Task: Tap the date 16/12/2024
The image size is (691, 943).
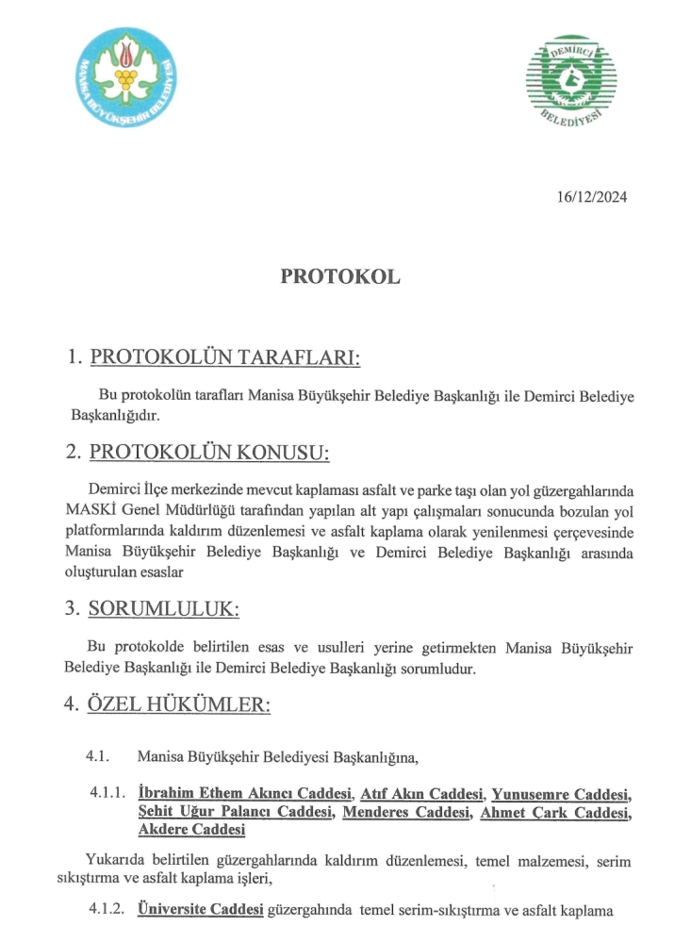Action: tap(592, 197)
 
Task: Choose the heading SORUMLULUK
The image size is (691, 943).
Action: tap(163, 609)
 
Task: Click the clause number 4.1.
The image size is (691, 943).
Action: tap(100, 756)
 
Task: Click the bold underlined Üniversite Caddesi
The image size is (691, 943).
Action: tap(200, 911)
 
